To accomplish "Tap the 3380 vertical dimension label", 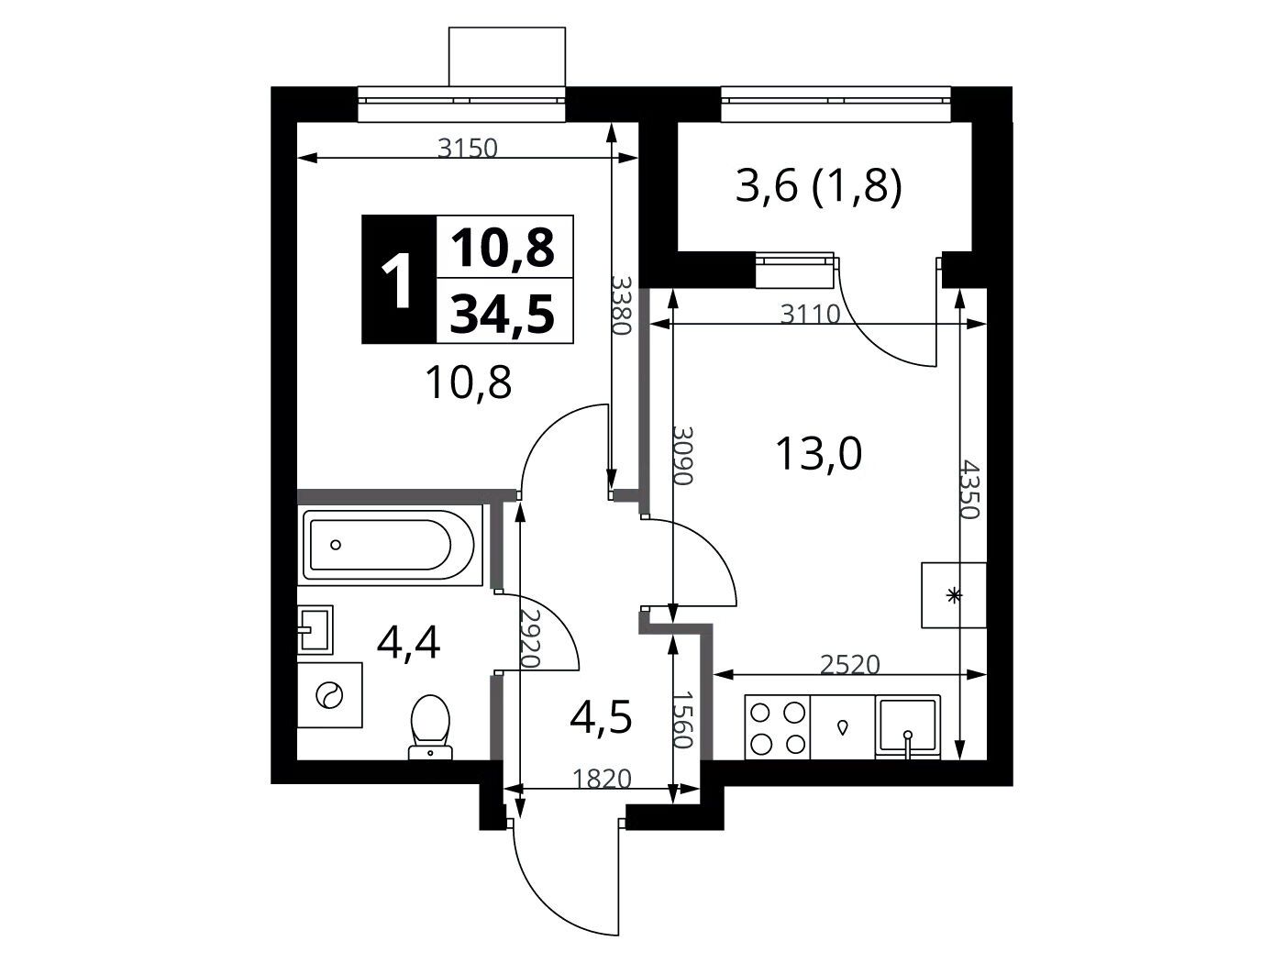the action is point(621,304).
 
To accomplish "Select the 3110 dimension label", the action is point(811,315).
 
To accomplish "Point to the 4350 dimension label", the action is point(969,490).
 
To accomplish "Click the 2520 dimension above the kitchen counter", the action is point(850,665).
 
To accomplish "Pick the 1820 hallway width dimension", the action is point(602,779).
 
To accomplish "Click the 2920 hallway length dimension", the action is point(529,639).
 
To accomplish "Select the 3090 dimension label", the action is point(682,456).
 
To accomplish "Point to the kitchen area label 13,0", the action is point(818,456).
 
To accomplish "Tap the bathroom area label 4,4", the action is point(408,643).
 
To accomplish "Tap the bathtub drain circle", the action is point(336,545).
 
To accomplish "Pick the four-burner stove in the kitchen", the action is point(778,727).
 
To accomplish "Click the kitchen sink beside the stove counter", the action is point(908,727).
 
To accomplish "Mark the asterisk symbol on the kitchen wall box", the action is point(954,596).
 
